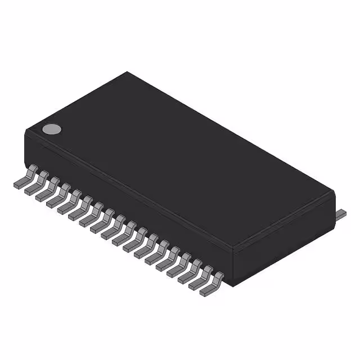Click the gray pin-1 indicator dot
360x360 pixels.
click(x=52, y=129)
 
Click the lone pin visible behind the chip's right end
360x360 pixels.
click(x=340, y=214)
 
